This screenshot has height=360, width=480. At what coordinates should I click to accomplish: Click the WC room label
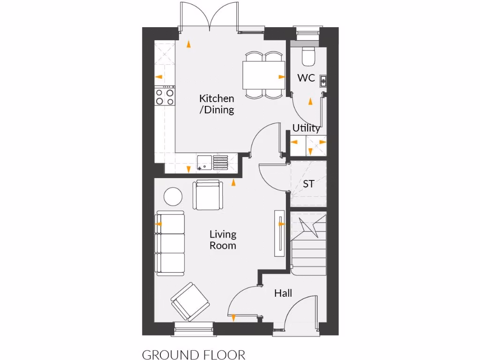(306, 78)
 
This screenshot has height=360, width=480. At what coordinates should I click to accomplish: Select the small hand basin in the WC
(323, 81)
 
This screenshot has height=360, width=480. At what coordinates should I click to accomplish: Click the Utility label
(306, 128)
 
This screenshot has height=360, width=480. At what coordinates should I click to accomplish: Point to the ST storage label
(308, 184)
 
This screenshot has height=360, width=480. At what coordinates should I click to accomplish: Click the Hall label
(283, 293)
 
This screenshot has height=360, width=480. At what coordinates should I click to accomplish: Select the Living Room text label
(223, 240)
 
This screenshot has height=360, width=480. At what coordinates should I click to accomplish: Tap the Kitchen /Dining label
(217, 104)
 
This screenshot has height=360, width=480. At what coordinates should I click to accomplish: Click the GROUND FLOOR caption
(193, 354)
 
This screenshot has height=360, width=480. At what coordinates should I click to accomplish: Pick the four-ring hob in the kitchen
(165, 97)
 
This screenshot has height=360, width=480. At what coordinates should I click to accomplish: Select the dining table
(263, 75)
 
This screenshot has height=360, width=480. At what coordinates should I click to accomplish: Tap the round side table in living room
(172, 196)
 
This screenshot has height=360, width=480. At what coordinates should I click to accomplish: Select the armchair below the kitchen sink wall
(208, 195)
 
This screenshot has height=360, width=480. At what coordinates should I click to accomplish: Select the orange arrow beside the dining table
(281, 76)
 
